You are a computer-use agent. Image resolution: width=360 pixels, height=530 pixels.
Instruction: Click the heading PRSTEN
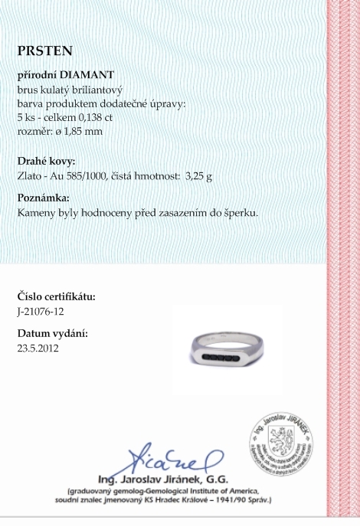[x=45, y=51]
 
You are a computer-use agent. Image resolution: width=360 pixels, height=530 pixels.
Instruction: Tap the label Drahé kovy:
[x=46, y=162]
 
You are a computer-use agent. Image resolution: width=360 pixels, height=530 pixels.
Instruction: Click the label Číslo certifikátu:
[x=56, y=297]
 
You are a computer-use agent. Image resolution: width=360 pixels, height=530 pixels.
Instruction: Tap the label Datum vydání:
[x=52, y=334]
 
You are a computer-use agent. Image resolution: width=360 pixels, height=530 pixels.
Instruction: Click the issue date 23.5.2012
[x=38, y=348]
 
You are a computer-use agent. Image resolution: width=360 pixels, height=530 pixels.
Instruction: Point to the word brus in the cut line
[x=27, y=90]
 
